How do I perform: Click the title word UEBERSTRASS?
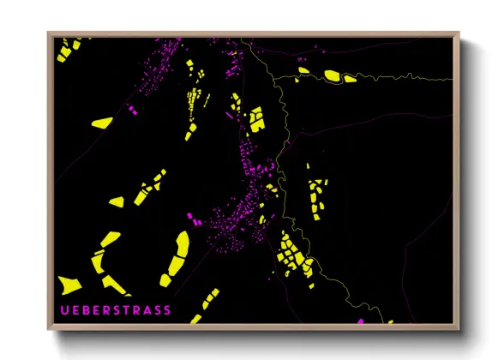click(x=114, y=309)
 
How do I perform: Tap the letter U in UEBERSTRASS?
click(x=62, y=309)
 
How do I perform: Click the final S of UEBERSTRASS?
click(x=166, y=309)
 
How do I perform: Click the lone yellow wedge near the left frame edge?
click(x=101, y=123)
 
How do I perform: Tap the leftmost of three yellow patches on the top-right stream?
click(x=303, y=69)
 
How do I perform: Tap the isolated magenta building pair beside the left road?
click(x=132, y=111)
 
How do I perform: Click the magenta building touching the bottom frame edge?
click(x=361, y=321)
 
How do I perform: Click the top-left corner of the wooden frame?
click(x=48, y=33)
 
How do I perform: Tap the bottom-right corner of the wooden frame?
click(x=459, y=330)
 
